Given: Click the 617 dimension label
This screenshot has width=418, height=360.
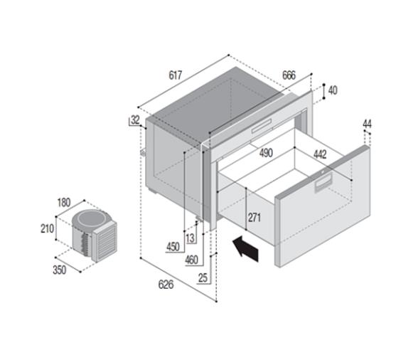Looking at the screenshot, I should tap(176, 75).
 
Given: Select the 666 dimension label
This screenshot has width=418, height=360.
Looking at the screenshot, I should tap(288, 75).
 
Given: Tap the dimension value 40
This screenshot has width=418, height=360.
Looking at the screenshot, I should tap(333, 90).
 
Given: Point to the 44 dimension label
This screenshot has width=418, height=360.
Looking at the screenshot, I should tap(367, 125).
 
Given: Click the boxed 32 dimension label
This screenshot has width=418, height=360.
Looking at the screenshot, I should tap(135, 120).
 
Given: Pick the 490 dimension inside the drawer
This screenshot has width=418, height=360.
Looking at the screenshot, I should tap(266, 153).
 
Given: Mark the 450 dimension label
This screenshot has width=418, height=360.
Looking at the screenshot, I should tap(173, 247).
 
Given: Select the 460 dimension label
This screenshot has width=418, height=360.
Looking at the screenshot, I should tap(191, 260).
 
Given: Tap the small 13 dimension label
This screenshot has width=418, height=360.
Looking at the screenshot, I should tap(190, 237).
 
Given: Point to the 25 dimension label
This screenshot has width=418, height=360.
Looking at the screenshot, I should tap(203, 277).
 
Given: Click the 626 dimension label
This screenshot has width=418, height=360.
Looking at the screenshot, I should tap(165, 285).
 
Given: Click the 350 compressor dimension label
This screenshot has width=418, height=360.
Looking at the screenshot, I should tap(60, 270).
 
